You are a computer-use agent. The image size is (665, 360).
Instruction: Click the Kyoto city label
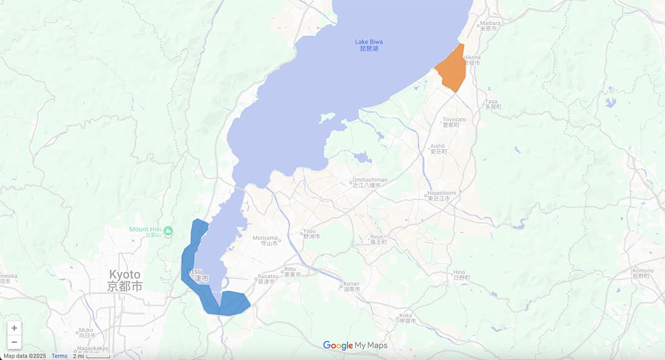tap(125, 280)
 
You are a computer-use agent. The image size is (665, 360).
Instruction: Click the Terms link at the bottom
tap(59, 356)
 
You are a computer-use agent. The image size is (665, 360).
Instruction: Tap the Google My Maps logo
tap(355, 346)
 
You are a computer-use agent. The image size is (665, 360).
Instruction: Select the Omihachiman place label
tap(369, 183)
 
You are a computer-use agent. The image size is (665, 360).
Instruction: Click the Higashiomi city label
tap(441, 196)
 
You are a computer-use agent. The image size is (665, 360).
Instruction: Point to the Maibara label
tap(489, 25)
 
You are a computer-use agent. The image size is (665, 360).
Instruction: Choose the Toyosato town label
tap(454, 122)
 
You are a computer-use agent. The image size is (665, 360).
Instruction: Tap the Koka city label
tap(406, 318)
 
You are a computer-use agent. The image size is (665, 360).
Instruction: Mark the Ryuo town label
tap(378, 239)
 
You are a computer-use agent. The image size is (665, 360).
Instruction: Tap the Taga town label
tap(492, 104)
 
